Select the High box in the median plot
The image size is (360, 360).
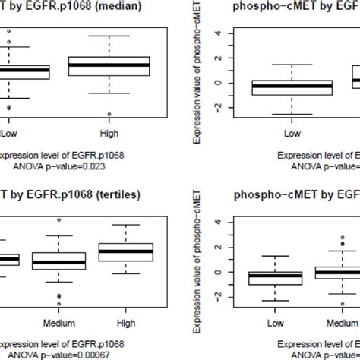[109, 67]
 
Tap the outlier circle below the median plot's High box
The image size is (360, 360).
[109, 115]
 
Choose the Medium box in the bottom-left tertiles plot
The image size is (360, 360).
[58, 262]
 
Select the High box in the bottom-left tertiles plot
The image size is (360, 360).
[130, 251]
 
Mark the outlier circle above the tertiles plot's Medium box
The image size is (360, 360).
[58, 220]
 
